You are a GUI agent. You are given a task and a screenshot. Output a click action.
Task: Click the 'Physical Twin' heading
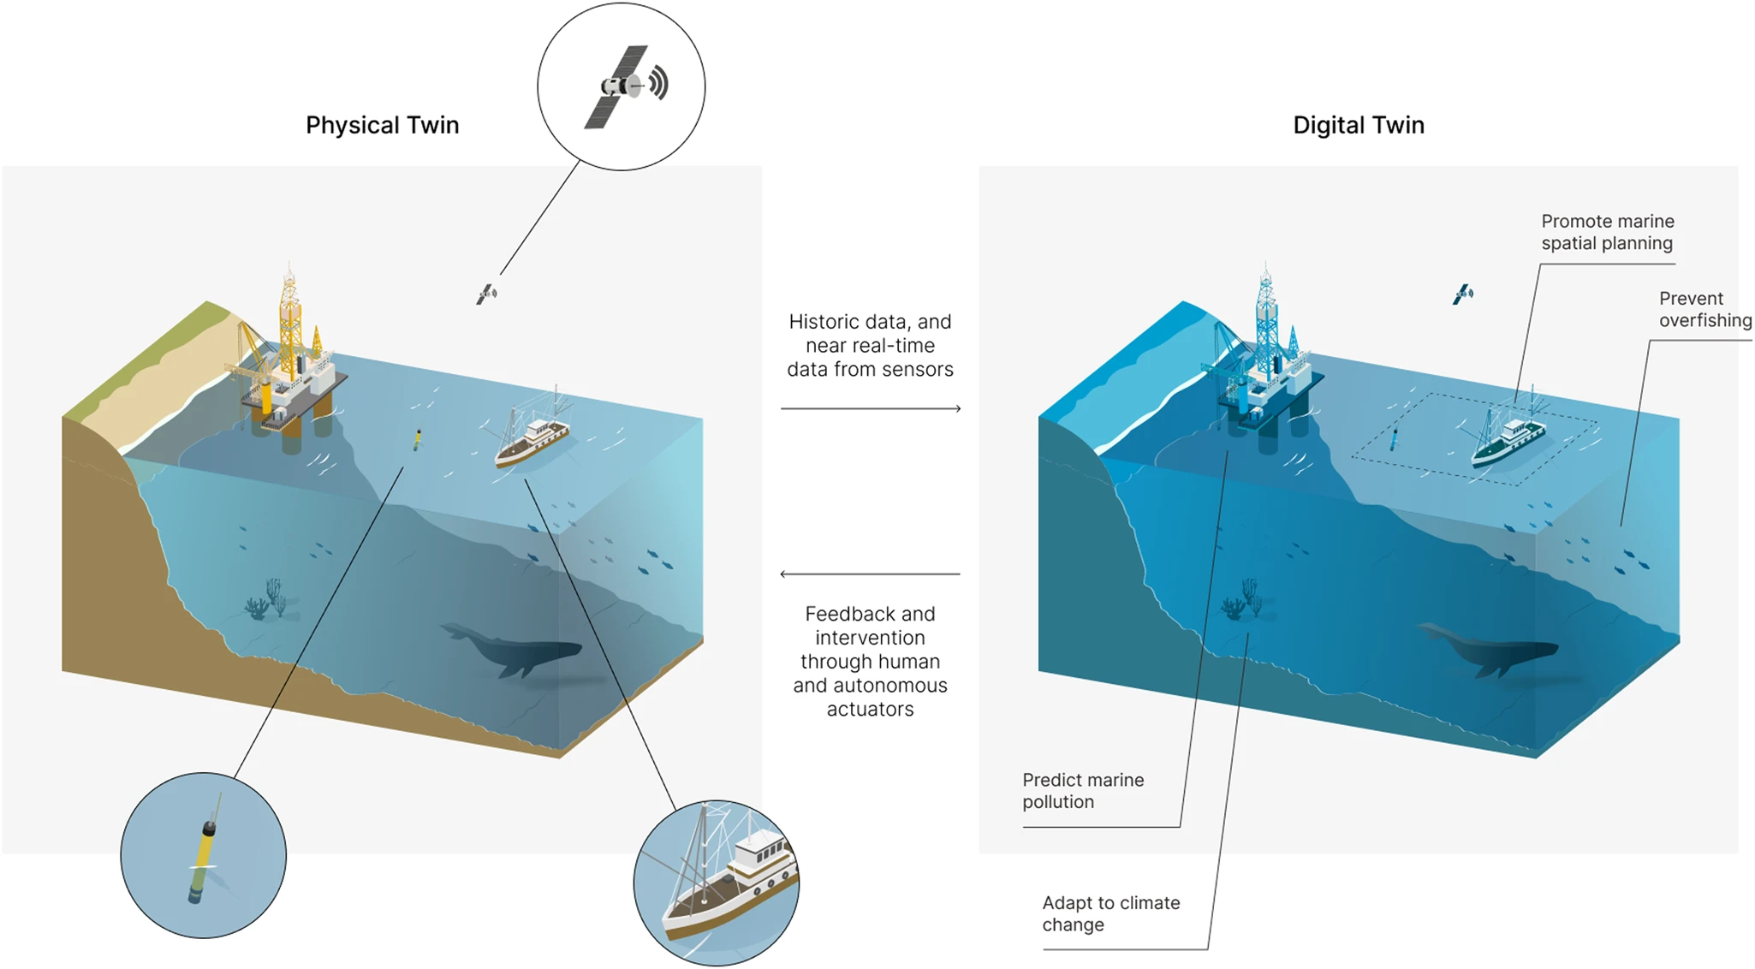tap(382, 125)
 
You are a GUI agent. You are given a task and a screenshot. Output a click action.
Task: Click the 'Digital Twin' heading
tap(1358, 125)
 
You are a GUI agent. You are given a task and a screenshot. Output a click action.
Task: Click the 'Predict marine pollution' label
tap(1082, 791)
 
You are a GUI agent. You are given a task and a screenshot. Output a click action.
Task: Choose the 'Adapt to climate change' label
tap(1110, 913)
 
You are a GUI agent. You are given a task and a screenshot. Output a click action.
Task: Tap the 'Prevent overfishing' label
tap(1704, 309)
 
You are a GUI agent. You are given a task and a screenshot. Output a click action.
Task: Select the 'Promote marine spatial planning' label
tap(1607, 232)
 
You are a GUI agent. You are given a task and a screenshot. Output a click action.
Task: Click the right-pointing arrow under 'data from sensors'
tap(870, 409)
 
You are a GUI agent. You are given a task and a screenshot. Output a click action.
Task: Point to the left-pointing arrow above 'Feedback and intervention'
tap(870, 574)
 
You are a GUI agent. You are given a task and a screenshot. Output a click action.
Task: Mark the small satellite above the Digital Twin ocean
tap(1463, 294)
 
